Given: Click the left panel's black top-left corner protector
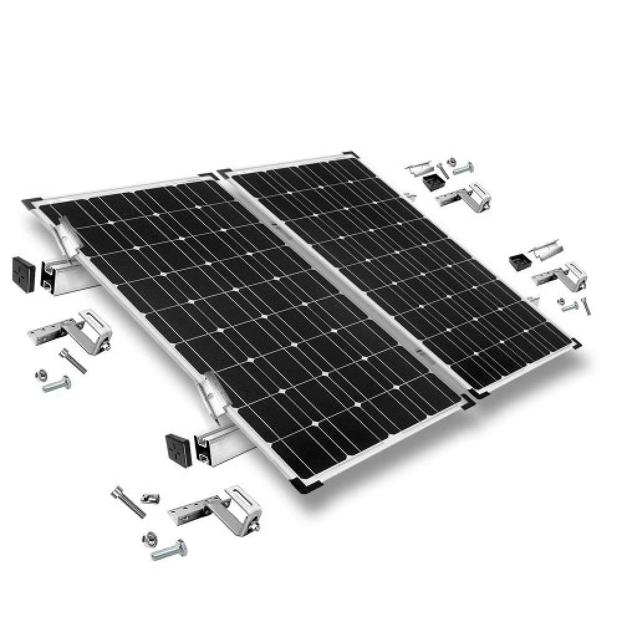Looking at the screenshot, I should (x=31, y=202).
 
